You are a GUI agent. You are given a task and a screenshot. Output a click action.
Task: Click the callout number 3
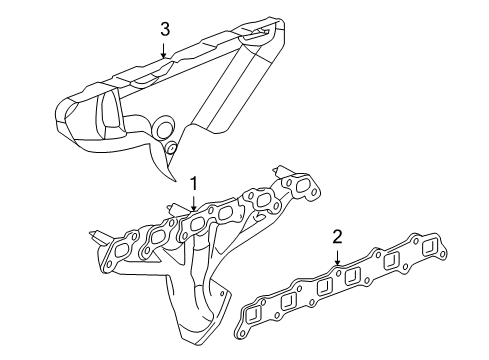point(163,29)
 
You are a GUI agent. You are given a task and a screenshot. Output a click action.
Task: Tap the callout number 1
point(195,183)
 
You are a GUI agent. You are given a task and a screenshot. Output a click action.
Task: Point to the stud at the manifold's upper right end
point(283,172)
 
